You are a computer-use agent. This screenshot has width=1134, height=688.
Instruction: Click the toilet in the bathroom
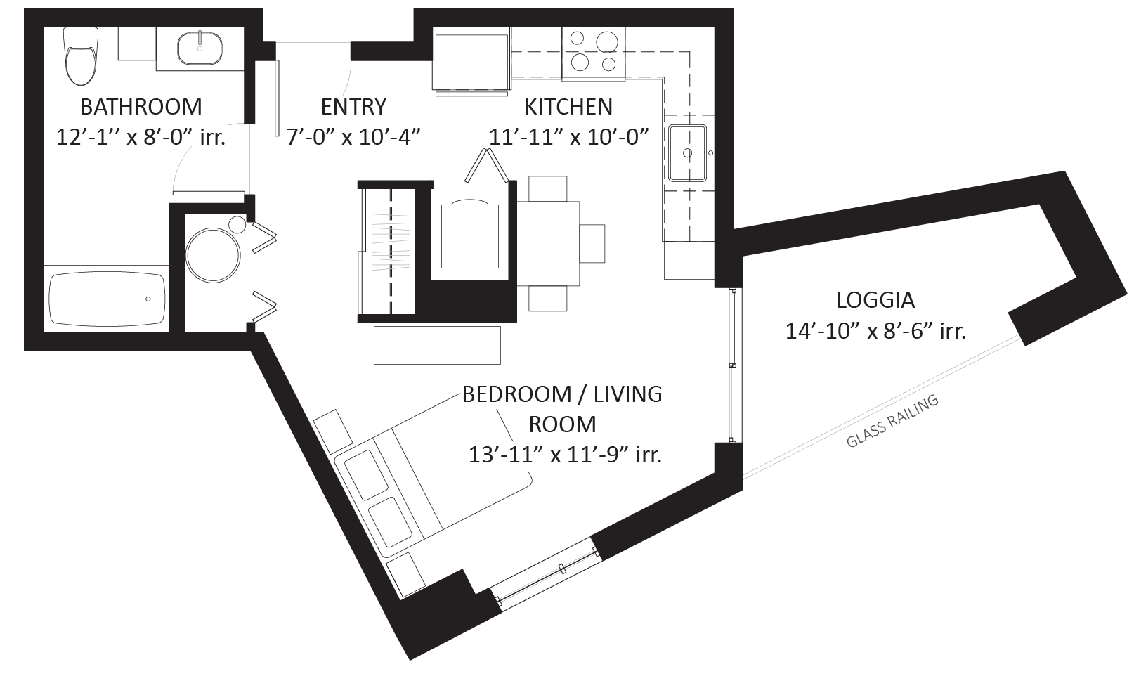(x=81, y=56)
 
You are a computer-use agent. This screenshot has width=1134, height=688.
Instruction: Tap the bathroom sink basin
(x=200, y=48)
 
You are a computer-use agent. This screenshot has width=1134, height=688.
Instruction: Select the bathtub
(x=107, y=299)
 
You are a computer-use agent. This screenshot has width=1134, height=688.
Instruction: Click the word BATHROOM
(x=141, y=107)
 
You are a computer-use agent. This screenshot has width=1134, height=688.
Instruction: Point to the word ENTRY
(x=353, y=107)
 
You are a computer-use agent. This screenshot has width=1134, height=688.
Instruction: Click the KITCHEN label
(x=568, y=107)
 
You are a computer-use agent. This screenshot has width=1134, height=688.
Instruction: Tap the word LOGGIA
(x=875, y=300)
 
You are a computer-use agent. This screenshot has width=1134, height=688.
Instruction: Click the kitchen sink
(x=687, y=153)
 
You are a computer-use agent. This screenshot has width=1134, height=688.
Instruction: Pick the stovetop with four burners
(x=593, y=53)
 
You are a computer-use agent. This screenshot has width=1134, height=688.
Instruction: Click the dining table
(x=548, y=244)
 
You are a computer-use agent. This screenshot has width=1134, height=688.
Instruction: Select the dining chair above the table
(x=548, y=189)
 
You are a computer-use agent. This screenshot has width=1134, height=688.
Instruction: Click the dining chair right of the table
(x=592, y=244)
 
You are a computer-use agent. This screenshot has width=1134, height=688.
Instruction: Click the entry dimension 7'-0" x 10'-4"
(x=353, y=137)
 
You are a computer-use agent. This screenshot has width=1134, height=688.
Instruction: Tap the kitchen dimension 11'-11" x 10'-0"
(x=568, y=137)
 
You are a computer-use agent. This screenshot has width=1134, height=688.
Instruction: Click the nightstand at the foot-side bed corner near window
(x=405, y=575)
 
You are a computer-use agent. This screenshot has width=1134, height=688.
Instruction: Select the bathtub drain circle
(x=148, y=299)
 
